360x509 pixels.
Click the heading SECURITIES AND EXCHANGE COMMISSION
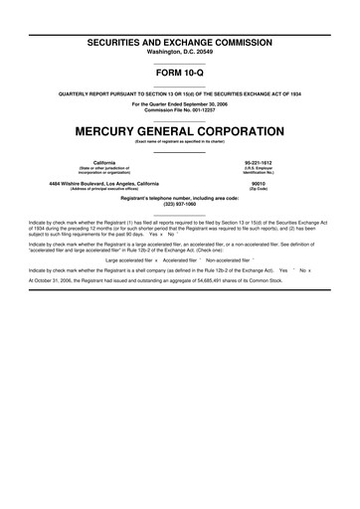tap(179, 9)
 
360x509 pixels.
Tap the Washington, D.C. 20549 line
tap(179, 21)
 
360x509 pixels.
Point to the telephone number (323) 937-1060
tap(179, 205)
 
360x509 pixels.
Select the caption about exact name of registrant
tap(179, 143)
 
